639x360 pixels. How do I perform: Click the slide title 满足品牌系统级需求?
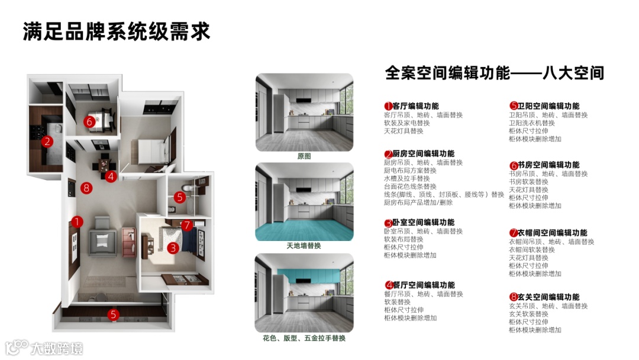click(x=117, y=31)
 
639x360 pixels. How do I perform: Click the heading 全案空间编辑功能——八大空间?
click(x=494, y=73)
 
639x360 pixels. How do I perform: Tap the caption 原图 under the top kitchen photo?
click(x=304, y=156)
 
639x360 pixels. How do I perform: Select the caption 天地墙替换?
click(x=304, y=245)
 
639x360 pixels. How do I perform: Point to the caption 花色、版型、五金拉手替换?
click(x=304, y=338)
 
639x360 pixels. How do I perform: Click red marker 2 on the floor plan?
click(x=47, y=141)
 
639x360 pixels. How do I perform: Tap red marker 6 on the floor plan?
click(x=89, y=121)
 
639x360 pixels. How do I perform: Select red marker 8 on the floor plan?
click(x=87, y=188)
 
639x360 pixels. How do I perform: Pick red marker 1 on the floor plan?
click(x=77, y=221)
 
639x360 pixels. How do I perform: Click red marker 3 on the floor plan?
click(x=172, y=248)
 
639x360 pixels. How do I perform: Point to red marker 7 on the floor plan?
click(x=186, y=225)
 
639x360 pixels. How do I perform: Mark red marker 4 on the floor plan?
click(x=111, y=176)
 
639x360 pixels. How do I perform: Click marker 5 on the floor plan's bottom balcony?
click(x=113, y=314)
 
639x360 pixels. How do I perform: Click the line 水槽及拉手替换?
click(x=406, y=178)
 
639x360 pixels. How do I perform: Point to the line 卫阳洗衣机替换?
click(x=532, y=123)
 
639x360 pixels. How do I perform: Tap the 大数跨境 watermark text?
click(x=56, y=348)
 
